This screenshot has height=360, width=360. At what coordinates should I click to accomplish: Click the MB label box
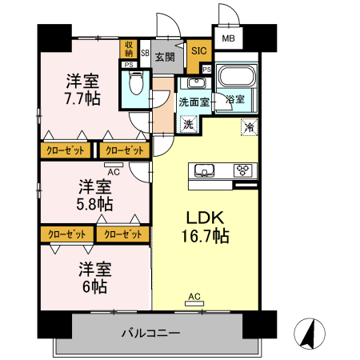pyautogui.click(x=229, y=38)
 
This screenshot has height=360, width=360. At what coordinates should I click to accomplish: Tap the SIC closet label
pyautogui.click(x=199, y=50)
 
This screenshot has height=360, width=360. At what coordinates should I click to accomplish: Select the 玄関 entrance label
pyautogui.click(x=165, y=57)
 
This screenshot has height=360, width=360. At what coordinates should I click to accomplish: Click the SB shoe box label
pyautogui.click(x=145, y=54)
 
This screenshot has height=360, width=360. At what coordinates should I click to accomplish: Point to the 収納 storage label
pyautogui.click(x=129, y=49)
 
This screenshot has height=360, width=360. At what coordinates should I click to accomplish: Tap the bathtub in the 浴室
pyautogui.click(x=235, y=79)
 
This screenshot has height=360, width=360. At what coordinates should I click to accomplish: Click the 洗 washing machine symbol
pyautogui.click(x=189, y=124)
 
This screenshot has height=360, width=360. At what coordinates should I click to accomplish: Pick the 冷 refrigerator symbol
pyautogui.click(x=250, y=126)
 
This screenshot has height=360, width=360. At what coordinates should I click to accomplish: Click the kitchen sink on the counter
pyautogui.click(x=202, y=170)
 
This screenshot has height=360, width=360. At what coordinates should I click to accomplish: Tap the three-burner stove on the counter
pyautogui.click(x=242, y=170)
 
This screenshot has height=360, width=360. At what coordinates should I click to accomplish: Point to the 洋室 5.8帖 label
pyautogui.click(x=94, y=195)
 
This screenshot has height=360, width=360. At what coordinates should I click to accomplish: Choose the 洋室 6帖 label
pyautogui.click(x=94, y=277)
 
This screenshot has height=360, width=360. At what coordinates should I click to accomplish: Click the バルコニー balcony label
pyautogui.click(x=151, y=333)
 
